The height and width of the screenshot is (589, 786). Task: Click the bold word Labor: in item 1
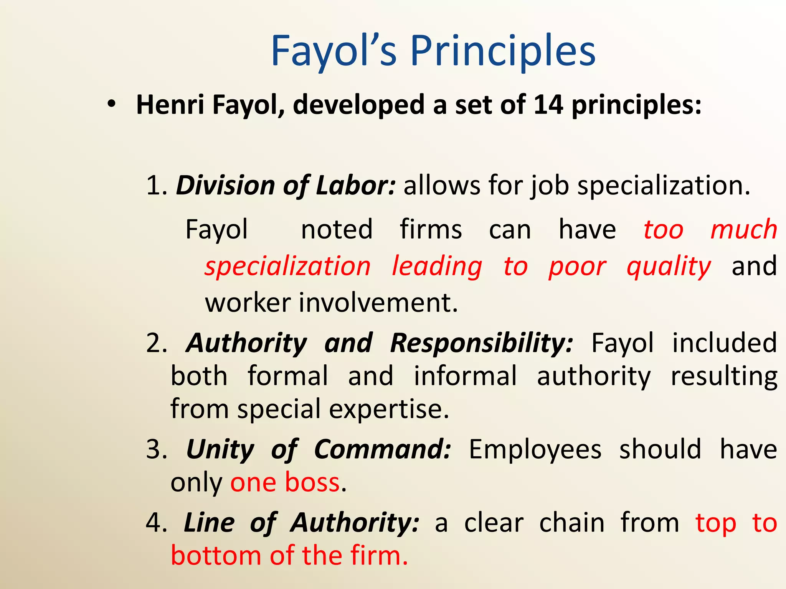[x=355, y=186]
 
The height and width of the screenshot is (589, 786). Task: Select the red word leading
[x=437, y=267]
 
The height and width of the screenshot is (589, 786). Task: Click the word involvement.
[x=378, y=303]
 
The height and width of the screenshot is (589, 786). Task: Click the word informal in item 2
[x=465, y=376]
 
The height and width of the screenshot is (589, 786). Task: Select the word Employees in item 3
[x=535, y=449]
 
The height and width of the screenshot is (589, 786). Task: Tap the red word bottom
[x=216, y=556]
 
